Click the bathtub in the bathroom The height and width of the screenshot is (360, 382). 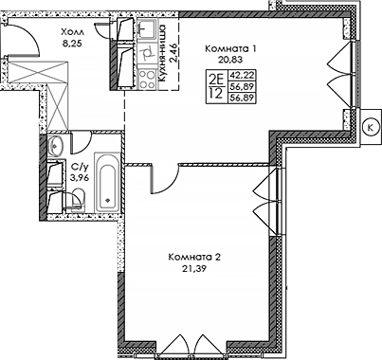coord(107,185)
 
